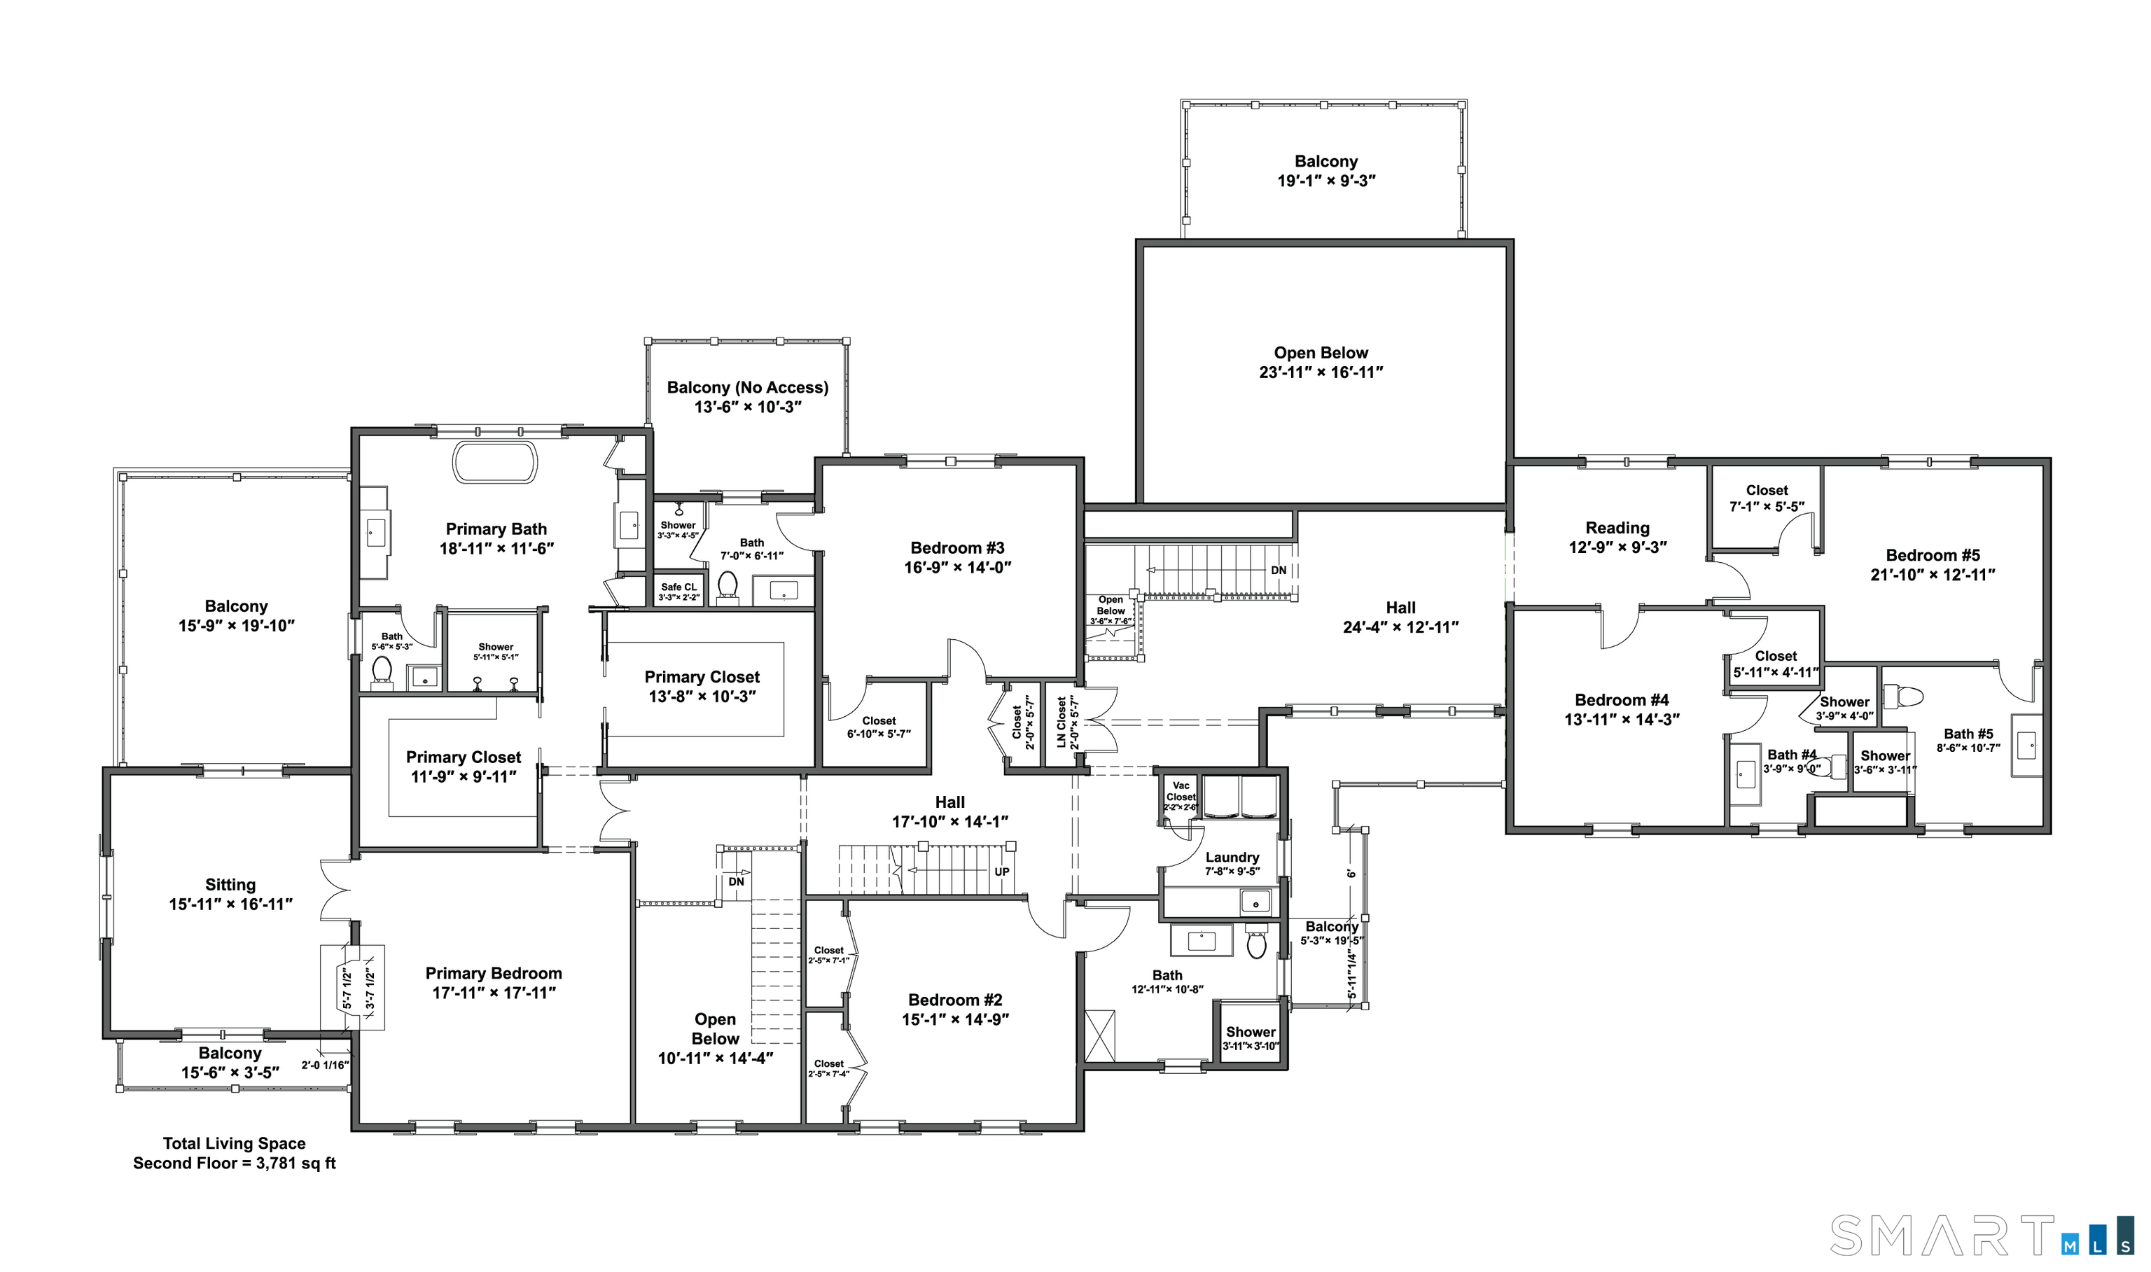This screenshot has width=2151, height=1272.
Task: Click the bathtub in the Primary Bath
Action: pos(494,463)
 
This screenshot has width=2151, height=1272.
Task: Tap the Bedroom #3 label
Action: pos(956,547)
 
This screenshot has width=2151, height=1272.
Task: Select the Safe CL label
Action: pos(678,587)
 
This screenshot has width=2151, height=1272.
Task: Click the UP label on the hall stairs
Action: pos(1001,872)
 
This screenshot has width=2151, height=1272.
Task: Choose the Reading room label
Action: pos(1617,528)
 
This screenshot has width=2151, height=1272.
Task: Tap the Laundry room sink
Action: pos(1256,902)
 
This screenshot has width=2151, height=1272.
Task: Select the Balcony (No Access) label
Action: pos(748,387)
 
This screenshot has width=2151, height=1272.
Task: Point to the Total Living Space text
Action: pos(234,1143)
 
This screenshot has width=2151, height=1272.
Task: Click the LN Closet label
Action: pos(1061,722)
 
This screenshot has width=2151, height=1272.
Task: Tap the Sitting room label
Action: pos(230,885)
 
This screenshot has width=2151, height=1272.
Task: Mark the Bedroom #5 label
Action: pos(1933,555)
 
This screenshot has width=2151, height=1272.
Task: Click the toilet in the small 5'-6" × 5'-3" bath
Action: pos(382,669)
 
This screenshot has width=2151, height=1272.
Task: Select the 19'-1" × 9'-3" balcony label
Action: pos(1325,161)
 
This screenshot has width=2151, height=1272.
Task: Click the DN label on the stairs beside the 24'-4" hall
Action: pos(1277,570)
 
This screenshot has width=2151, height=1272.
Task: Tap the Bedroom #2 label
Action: pos(955,1000)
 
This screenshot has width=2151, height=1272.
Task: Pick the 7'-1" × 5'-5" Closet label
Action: pos(1766,490)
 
